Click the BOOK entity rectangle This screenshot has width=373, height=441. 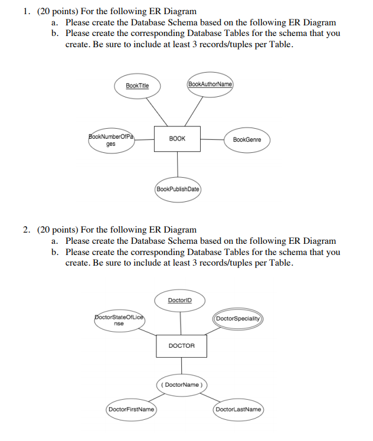(x=178, y=139)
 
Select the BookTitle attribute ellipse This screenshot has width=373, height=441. (x=137, y=86)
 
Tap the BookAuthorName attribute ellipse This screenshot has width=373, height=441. (x=210, y=84)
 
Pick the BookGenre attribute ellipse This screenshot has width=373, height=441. (x=247, y=140)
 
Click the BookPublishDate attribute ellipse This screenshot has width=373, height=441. (x=178, y=190)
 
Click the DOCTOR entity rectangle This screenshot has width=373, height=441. (x=181, y=345)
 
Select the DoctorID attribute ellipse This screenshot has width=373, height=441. (x=179, y=300)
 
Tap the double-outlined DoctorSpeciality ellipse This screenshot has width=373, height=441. (x=238, y=319)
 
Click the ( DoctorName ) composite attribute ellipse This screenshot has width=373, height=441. (x=181, y=385)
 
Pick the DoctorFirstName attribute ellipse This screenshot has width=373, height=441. (x=131, y=409)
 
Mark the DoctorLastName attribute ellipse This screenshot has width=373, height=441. (x=238, y=409)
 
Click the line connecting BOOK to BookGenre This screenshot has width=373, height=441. (x=213, y=139)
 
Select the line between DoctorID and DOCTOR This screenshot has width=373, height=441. (x=181, y=322)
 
